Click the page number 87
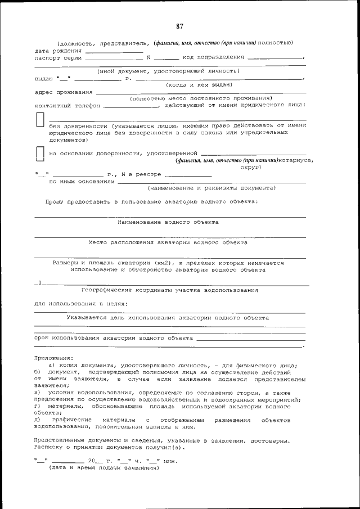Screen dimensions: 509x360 tap(179, 26)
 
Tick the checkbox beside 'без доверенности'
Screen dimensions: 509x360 tap(40, 120)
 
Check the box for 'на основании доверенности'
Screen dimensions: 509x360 tap(40, 154)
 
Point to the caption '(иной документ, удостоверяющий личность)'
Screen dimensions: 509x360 tap(168, 71)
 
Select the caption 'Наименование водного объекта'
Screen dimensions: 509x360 tap(168, 222)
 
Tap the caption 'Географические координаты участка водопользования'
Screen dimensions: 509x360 tap(169, 290)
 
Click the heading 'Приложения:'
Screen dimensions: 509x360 tap(53, 358)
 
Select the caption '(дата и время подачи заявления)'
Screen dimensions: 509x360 tap(104, 468)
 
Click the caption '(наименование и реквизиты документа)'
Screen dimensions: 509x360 tap(211, 188)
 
